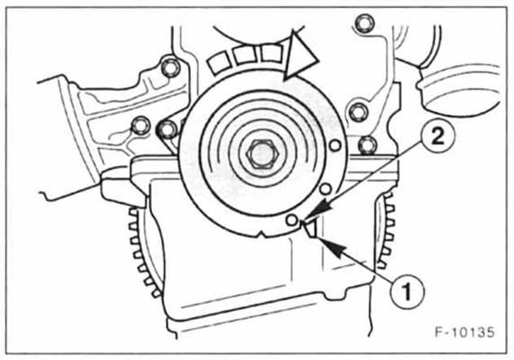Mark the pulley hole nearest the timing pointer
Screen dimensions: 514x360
point(290,220)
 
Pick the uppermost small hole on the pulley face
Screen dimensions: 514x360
point(335,147)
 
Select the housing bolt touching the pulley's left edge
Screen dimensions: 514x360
point(168,128)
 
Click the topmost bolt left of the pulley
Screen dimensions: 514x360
point(170,67)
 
